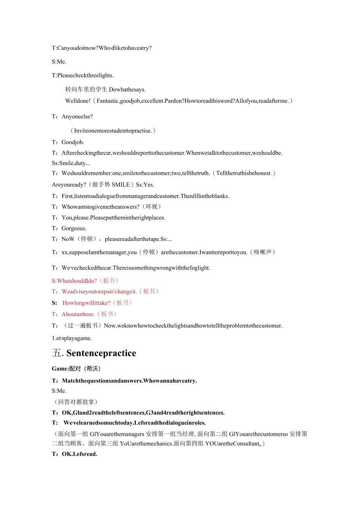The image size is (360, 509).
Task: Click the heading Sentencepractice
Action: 101,353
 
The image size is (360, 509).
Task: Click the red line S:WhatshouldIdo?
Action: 74,281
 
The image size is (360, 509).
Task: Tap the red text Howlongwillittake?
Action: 86,302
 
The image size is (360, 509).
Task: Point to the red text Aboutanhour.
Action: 78,314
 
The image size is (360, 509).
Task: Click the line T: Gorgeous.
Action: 69,228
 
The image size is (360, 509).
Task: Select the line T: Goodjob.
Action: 68,142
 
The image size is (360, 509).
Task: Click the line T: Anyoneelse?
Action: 72,116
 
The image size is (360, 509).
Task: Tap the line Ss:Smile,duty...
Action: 71,163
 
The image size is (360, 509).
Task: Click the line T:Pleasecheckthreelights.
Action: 83,75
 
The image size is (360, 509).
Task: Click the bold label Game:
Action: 60,369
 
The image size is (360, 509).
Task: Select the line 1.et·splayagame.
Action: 72,338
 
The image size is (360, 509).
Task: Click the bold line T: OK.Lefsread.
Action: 74,454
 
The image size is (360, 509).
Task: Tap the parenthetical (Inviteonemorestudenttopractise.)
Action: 113,130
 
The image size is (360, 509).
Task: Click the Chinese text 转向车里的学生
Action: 86,90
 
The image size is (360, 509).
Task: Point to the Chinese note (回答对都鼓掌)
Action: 75,402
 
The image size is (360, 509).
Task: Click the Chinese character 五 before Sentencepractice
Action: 57,353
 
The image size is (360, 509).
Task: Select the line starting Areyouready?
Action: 103,184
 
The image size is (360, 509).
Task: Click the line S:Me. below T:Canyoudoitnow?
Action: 59,61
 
